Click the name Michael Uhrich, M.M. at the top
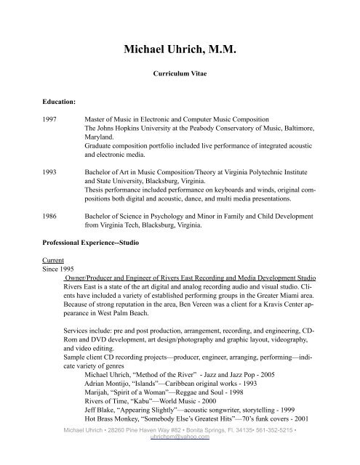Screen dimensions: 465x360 pos(180,51)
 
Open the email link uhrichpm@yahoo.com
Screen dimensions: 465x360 pos(180,458)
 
